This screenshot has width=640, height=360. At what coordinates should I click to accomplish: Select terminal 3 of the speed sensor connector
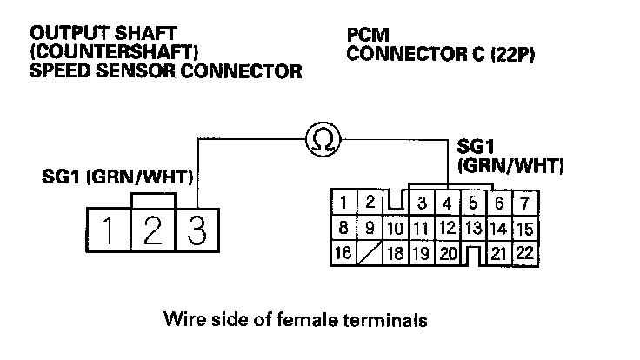[197, 230]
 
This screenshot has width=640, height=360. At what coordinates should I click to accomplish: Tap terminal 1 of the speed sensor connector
[109, 230]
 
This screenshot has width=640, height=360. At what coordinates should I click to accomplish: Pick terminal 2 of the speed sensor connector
[153, 230]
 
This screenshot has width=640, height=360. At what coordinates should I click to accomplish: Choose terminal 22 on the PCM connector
[524, 253]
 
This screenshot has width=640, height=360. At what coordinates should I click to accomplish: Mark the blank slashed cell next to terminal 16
[370, 253]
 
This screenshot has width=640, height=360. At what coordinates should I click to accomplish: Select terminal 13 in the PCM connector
[473, 229]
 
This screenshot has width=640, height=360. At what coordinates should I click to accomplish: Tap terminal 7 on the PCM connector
[524, 204]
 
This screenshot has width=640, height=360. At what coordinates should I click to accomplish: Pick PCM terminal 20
[448, 253]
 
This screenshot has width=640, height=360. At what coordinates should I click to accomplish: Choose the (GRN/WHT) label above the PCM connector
[510, 164]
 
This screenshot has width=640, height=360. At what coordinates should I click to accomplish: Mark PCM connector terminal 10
[396, 229]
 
